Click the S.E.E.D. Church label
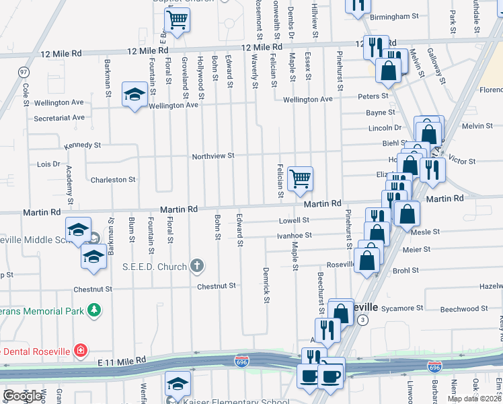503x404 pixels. pos(154,267)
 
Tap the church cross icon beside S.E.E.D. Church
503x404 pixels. pos(196,266)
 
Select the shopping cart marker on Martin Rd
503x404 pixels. pos(300,179)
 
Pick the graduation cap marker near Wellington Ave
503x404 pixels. pos(134,94)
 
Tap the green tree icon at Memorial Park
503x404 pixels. pos(95,310)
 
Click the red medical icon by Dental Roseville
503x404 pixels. pos(81,350)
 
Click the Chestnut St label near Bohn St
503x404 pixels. pos(217,286)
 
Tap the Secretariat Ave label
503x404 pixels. pos(59,117)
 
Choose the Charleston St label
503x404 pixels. pos(113,180)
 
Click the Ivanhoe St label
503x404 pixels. pos(295,235)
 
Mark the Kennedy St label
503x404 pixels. pos(82,145)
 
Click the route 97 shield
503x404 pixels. pos(24,71)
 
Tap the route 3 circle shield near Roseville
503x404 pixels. pos(363,319)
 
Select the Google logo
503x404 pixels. pos(23,395)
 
